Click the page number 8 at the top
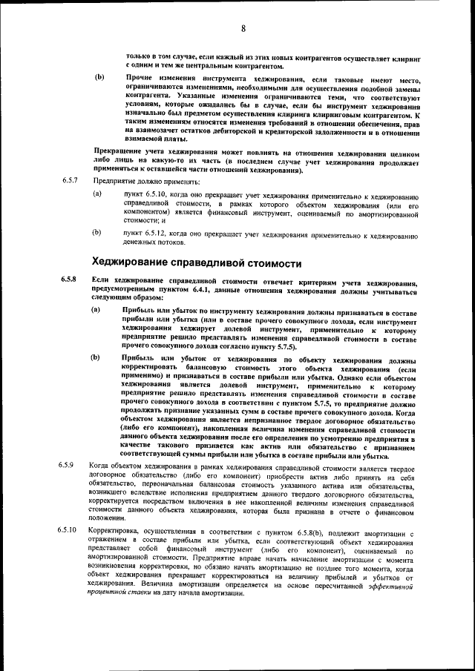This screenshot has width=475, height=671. pyautogui.click(x=243, y=29)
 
